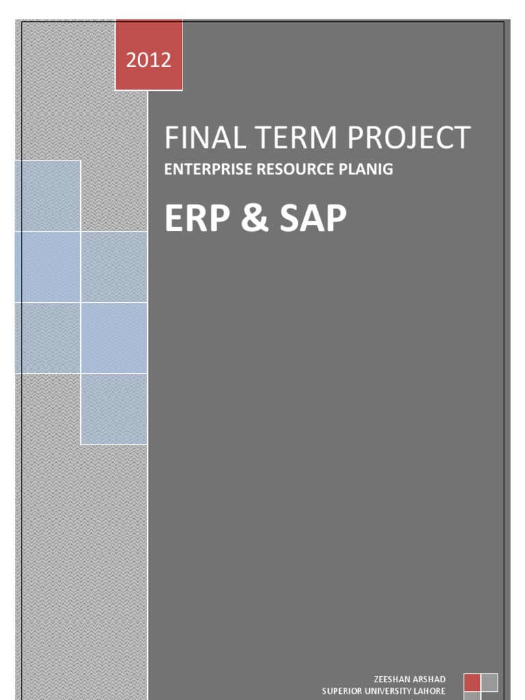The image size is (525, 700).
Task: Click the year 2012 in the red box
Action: pos(148,60)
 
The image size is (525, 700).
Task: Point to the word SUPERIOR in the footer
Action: pos(343,691)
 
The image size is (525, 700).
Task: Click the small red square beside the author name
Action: pos(472,682)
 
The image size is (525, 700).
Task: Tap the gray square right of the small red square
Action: pos(489,682)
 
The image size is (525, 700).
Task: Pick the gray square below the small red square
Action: pos(472,696)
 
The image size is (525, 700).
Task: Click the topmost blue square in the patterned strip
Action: pos(47,196)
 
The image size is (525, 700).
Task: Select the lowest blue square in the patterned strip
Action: pos(113,409)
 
